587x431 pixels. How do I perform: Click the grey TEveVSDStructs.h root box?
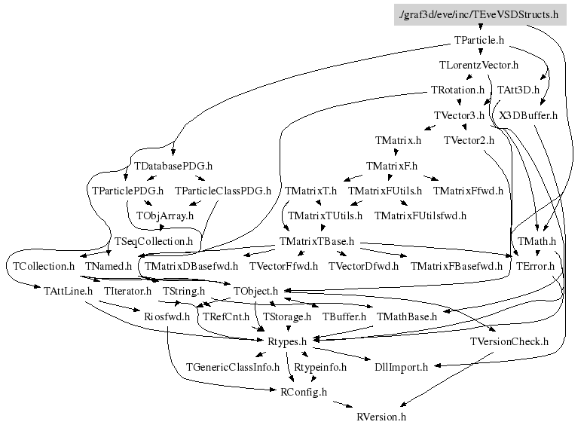(480, 14)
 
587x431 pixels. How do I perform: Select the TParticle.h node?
(479, 39)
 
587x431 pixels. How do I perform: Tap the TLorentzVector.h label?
(478, 65)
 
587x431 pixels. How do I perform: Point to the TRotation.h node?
(457, 90)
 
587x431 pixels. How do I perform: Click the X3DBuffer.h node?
(528, 115)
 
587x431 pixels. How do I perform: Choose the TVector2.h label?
(469, 140)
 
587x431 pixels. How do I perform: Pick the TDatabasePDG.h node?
(173, 166)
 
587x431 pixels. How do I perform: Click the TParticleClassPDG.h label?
(222, 191)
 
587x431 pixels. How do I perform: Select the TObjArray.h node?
(165, 215)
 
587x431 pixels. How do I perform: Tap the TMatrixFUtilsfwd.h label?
(420, 215)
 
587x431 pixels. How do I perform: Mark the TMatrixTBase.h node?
(316, 241)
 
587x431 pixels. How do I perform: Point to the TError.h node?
(535, 266)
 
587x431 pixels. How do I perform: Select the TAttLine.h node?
(63, 291)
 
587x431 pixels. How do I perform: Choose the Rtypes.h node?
(286, 341)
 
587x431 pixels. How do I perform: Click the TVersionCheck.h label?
(509, 341)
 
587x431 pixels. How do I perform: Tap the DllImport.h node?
(401, 367)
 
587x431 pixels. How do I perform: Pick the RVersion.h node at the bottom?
(381, 417)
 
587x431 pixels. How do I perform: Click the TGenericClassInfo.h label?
(233, 367)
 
